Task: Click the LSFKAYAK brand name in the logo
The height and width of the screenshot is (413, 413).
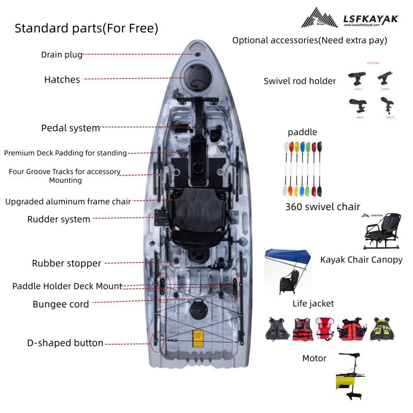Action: coord(371,19)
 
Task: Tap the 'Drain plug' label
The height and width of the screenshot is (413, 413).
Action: coord(61,54)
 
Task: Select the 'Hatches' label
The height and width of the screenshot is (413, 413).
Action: coord(62,80)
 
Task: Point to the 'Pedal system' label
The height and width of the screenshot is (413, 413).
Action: coord(70,128)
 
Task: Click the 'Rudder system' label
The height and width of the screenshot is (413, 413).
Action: coord(59,219)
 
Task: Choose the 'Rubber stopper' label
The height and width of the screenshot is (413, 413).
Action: coord(67,263)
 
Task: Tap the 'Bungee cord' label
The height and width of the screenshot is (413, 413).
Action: coord(61,304)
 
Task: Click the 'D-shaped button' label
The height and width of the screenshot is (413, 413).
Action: coord(65,343)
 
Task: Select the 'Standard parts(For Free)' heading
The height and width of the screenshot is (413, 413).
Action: coord(86,28)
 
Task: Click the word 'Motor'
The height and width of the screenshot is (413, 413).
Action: coord(314,358)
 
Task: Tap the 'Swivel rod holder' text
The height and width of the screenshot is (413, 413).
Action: coord(299,81)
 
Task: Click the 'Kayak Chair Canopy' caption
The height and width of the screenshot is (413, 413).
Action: coord(361,260)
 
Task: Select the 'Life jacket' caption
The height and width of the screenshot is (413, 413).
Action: coord(313,304)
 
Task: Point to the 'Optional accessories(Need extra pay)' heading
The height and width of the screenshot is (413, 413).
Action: coord(310,40)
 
